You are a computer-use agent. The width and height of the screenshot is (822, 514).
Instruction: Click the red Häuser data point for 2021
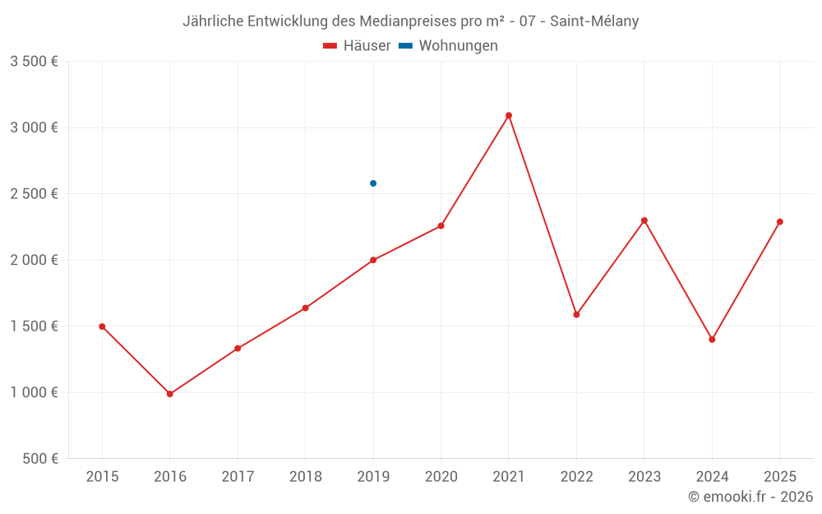coord(509,115)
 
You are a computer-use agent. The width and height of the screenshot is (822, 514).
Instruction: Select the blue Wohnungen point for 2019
coord(373,183)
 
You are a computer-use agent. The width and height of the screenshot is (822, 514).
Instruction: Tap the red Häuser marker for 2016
coord(170,394)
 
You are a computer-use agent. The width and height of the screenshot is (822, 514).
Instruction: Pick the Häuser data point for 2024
coord(712,340)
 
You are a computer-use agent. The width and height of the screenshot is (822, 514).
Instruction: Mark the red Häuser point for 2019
coord(373,260)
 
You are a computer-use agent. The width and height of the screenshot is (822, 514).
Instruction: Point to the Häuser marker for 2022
coord(576,314)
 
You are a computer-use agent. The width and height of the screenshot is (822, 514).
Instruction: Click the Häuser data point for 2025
coord(780,221)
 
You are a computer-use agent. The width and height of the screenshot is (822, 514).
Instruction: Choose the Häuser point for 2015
coord(102,326)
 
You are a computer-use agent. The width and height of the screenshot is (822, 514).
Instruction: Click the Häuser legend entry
coord(357,46)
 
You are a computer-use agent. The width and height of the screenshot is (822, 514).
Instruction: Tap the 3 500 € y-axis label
coord(34,62)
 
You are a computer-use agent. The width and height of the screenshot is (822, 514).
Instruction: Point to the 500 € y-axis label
coord(39,459)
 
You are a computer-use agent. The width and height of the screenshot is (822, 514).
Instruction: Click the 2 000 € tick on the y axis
coord(34,260)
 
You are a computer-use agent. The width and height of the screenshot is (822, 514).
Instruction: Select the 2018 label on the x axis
coord(305,477)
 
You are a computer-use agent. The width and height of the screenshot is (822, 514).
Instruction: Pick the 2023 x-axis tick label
coord(644,477)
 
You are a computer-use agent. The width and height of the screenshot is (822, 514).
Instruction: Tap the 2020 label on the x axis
coord(441,477)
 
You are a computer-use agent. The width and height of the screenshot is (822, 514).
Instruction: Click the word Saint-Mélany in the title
coord(594,21)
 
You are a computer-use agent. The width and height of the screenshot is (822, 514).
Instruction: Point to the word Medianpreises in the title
coord(409,21)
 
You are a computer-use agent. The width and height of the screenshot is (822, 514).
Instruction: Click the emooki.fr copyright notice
coord(750,497)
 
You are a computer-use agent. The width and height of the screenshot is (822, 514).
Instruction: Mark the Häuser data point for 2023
coord(644,220)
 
